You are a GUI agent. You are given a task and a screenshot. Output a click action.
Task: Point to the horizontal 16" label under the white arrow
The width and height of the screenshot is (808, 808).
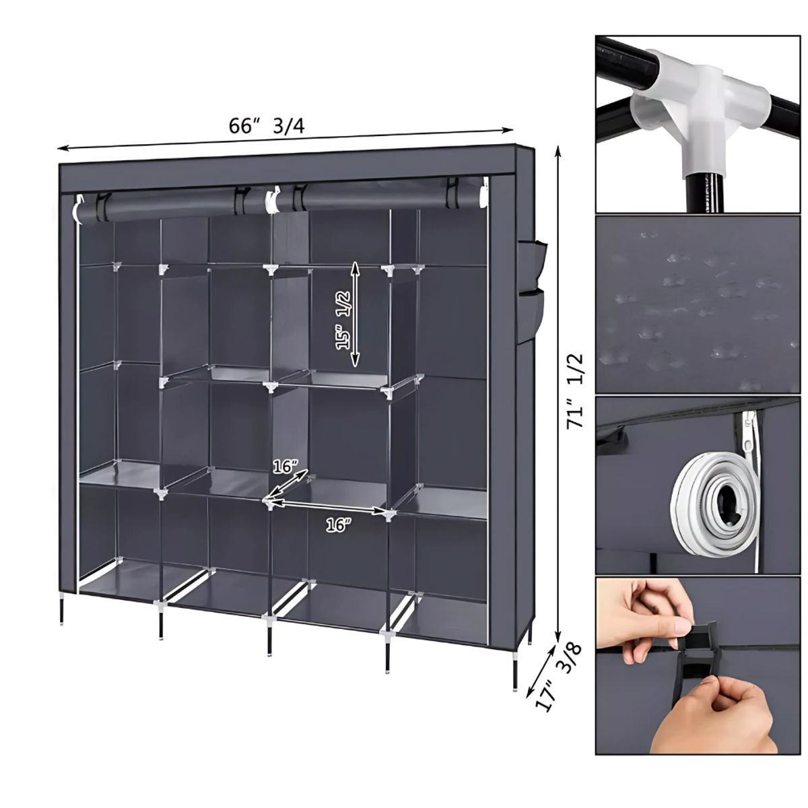point(339,526)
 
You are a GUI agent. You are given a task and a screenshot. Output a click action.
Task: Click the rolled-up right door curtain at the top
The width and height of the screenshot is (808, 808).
point(377,196)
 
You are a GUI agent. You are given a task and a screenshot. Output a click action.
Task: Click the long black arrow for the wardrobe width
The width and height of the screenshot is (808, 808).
point(283,139)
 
